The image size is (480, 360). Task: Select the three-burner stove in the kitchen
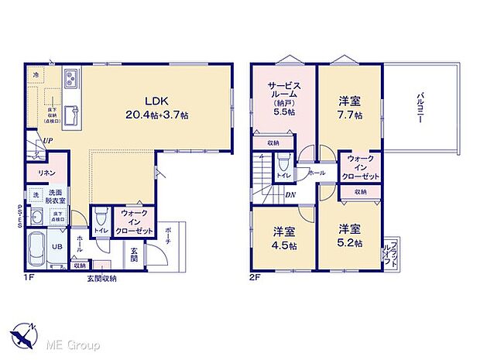[x=69, y=78]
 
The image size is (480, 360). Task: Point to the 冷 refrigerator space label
[x=36, y=74]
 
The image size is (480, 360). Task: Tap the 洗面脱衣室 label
[x=57, y=197]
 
